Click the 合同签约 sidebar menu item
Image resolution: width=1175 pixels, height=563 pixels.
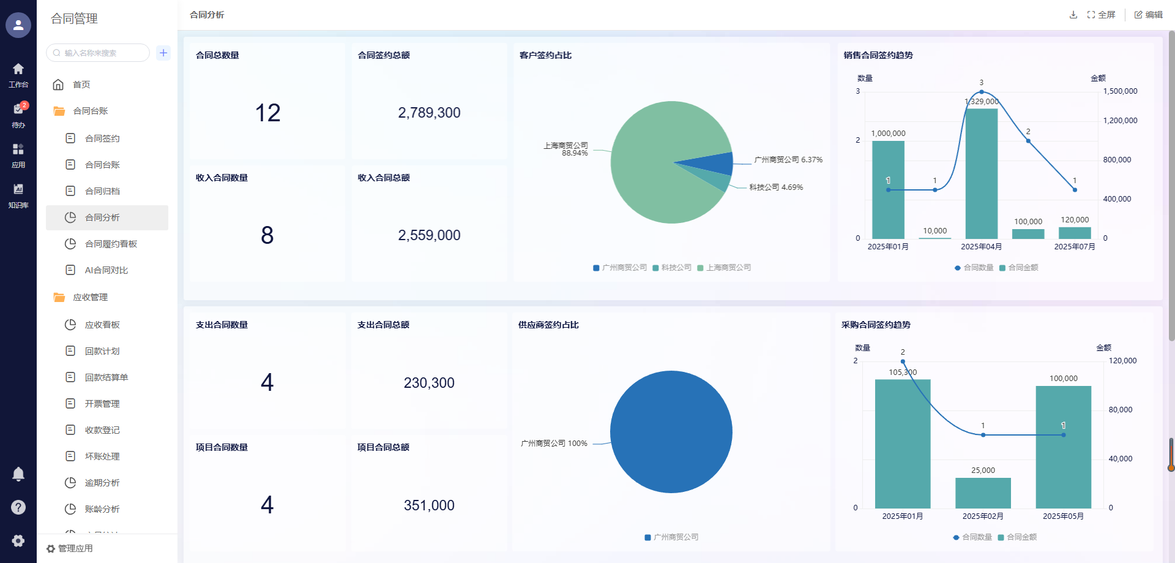point(102,138)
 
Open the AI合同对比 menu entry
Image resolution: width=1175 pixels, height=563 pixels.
point(106,270)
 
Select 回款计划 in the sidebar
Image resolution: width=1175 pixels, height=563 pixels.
point(102,351)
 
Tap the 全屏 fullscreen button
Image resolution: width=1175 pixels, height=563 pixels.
point(1101,15)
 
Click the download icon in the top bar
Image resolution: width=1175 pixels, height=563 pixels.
point(1073,15)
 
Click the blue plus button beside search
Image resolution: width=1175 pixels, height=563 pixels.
point(163,53)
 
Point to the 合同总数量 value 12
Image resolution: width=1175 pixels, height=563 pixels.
point(267,113)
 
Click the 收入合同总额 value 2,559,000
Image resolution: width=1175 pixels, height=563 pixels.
point(429,235)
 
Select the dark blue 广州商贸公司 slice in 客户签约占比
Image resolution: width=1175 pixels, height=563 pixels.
point(716,164)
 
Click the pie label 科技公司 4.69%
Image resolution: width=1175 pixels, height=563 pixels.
point(776,187)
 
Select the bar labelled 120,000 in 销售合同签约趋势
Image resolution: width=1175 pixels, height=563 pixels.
point(1075,233)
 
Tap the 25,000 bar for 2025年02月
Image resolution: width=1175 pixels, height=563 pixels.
point(983,493)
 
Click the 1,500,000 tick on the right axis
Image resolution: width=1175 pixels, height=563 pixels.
point(1120,91)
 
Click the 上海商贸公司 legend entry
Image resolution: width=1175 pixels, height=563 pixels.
point(724,268)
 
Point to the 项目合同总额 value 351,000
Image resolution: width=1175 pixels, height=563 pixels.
point(429,505)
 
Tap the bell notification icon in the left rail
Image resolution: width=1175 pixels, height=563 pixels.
point(18,474)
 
